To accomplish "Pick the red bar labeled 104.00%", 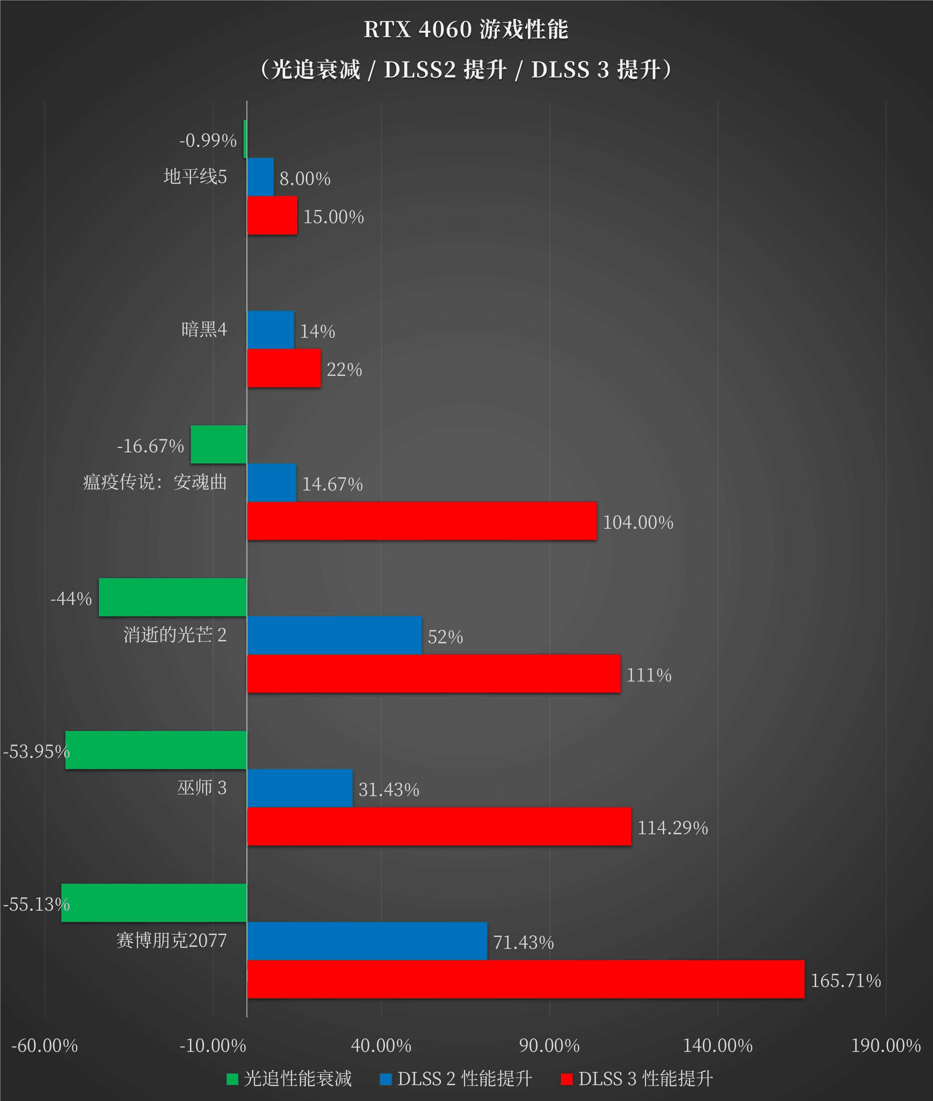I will (x=422, y=521).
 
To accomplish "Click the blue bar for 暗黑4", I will (x=270, y=330).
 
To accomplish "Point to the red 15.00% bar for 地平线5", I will (x=272, y=215).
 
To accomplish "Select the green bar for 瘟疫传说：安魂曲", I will (x=218, y=444).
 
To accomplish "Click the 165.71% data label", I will (x=845, y=980).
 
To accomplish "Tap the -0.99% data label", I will (x=208, y=140).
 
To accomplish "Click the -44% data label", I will (x=71, y=598).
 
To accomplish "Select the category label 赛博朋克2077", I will (x=172, y=940).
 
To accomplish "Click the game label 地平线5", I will (x=195, y=176).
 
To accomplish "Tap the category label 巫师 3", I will (x=202, y=788).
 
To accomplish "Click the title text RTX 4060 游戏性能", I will (x=466, y=30).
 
